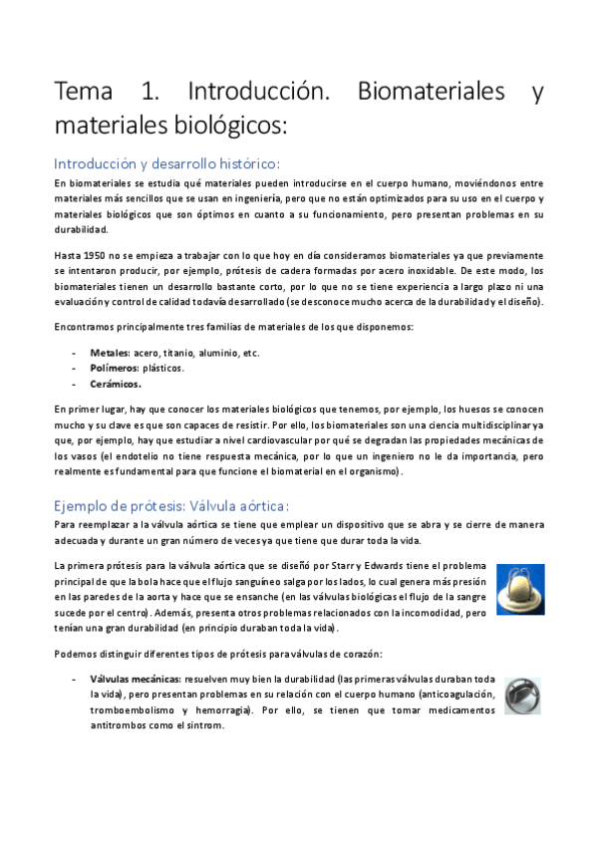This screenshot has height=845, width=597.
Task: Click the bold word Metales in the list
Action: pyautogui.click(x=104, y=353)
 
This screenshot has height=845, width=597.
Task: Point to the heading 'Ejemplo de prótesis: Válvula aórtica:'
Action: pyautogui.click(x=171, y=505)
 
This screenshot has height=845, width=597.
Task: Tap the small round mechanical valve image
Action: pyautogui.click(x=521, y=696)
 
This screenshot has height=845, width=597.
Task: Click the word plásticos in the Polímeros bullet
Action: pyautogui.click(x=163, y=368)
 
